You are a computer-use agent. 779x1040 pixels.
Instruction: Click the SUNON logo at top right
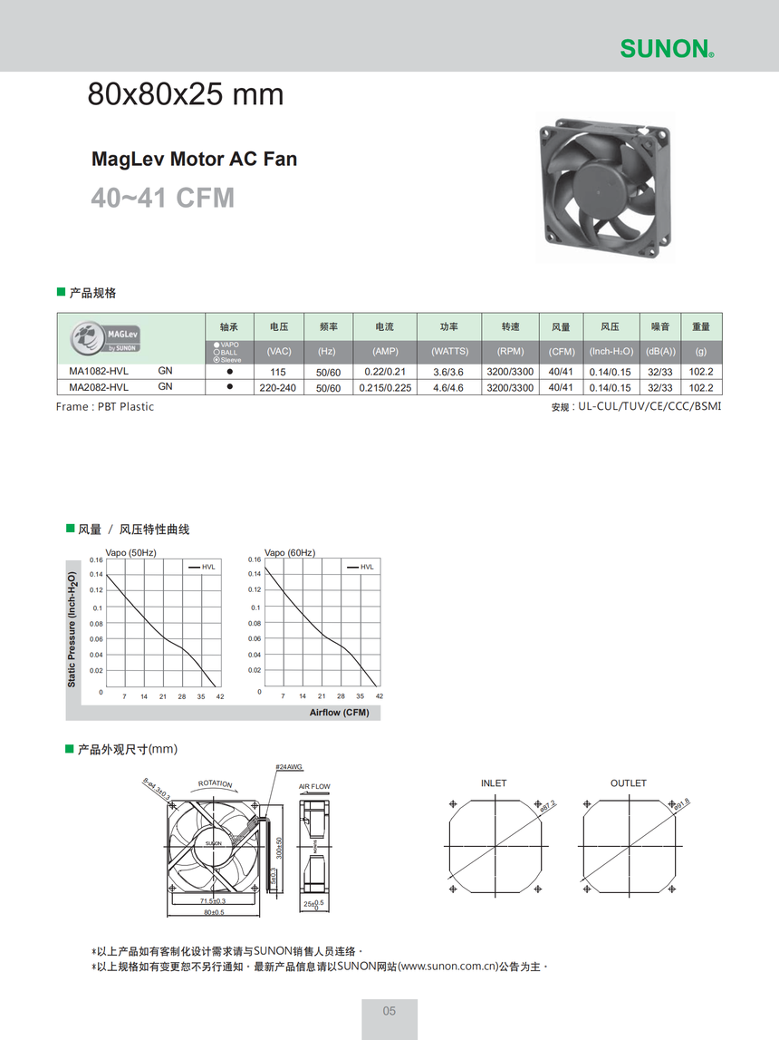pyautogui.click(x=667, y=48)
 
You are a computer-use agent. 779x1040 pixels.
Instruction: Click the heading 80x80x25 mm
pyautogui.click(x=185, y=94)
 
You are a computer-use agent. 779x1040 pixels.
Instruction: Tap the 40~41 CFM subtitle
pyautogui.click(x=162, y=197)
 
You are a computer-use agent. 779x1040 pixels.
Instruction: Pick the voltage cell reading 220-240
pyautogui.click(x=278, y=388)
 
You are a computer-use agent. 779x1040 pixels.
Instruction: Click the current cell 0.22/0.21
pyautogui.click(x=385, y=373)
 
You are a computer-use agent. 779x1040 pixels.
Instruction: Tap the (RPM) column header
pyautogui.click(x=510, y=351)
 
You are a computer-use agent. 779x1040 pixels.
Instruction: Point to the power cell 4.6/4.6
pyautogui.click(x=449, y=388)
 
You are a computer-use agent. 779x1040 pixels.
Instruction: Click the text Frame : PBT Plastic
pyautogui.click(x=105, y=407)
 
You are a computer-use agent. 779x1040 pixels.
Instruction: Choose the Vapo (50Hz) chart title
pyautogui.click(x=131, y=552)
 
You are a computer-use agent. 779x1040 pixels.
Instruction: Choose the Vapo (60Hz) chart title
pyautogui.click(x=290, y=552)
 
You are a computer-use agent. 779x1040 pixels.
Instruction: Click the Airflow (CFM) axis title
pyautogui.click(x=339, y=713)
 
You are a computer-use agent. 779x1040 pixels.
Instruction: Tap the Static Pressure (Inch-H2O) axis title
pyautogui.click(x=72, y=628)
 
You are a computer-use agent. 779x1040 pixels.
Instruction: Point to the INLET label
pyautogui.click(x=494, y=782)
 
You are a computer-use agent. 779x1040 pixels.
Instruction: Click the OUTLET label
pyautogui.click(x=628, y=782)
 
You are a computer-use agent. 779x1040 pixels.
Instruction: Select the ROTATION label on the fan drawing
pyautogui.click(x=216, y=783)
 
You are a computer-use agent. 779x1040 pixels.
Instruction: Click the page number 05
pyautogui.click(x=389, y=1011)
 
